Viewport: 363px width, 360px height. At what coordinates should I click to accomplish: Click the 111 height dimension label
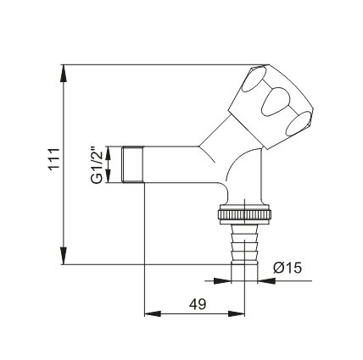click(x=54, y=158)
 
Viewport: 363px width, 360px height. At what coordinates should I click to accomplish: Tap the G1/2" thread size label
click(x=97, y=164)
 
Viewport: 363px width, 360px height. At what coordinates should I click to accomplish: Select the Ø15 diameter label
click(x=288, y=268)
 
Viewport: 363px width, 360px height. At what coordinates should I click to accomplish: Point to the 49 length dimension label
click(x=198, y=304)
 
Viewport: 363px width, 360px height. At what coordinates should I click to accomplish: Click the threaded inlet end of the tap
click(x=133, y=164)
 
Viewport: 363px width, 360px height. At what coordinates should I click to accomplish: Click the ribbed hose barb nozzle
click(x=244, y=243)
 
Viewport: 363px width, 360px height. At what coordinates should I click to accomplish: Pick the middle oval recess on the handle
click(x=276, y=102)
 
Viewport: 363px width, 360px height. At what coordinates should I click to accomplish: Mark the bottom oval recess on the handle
click(x=299, y=124)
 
